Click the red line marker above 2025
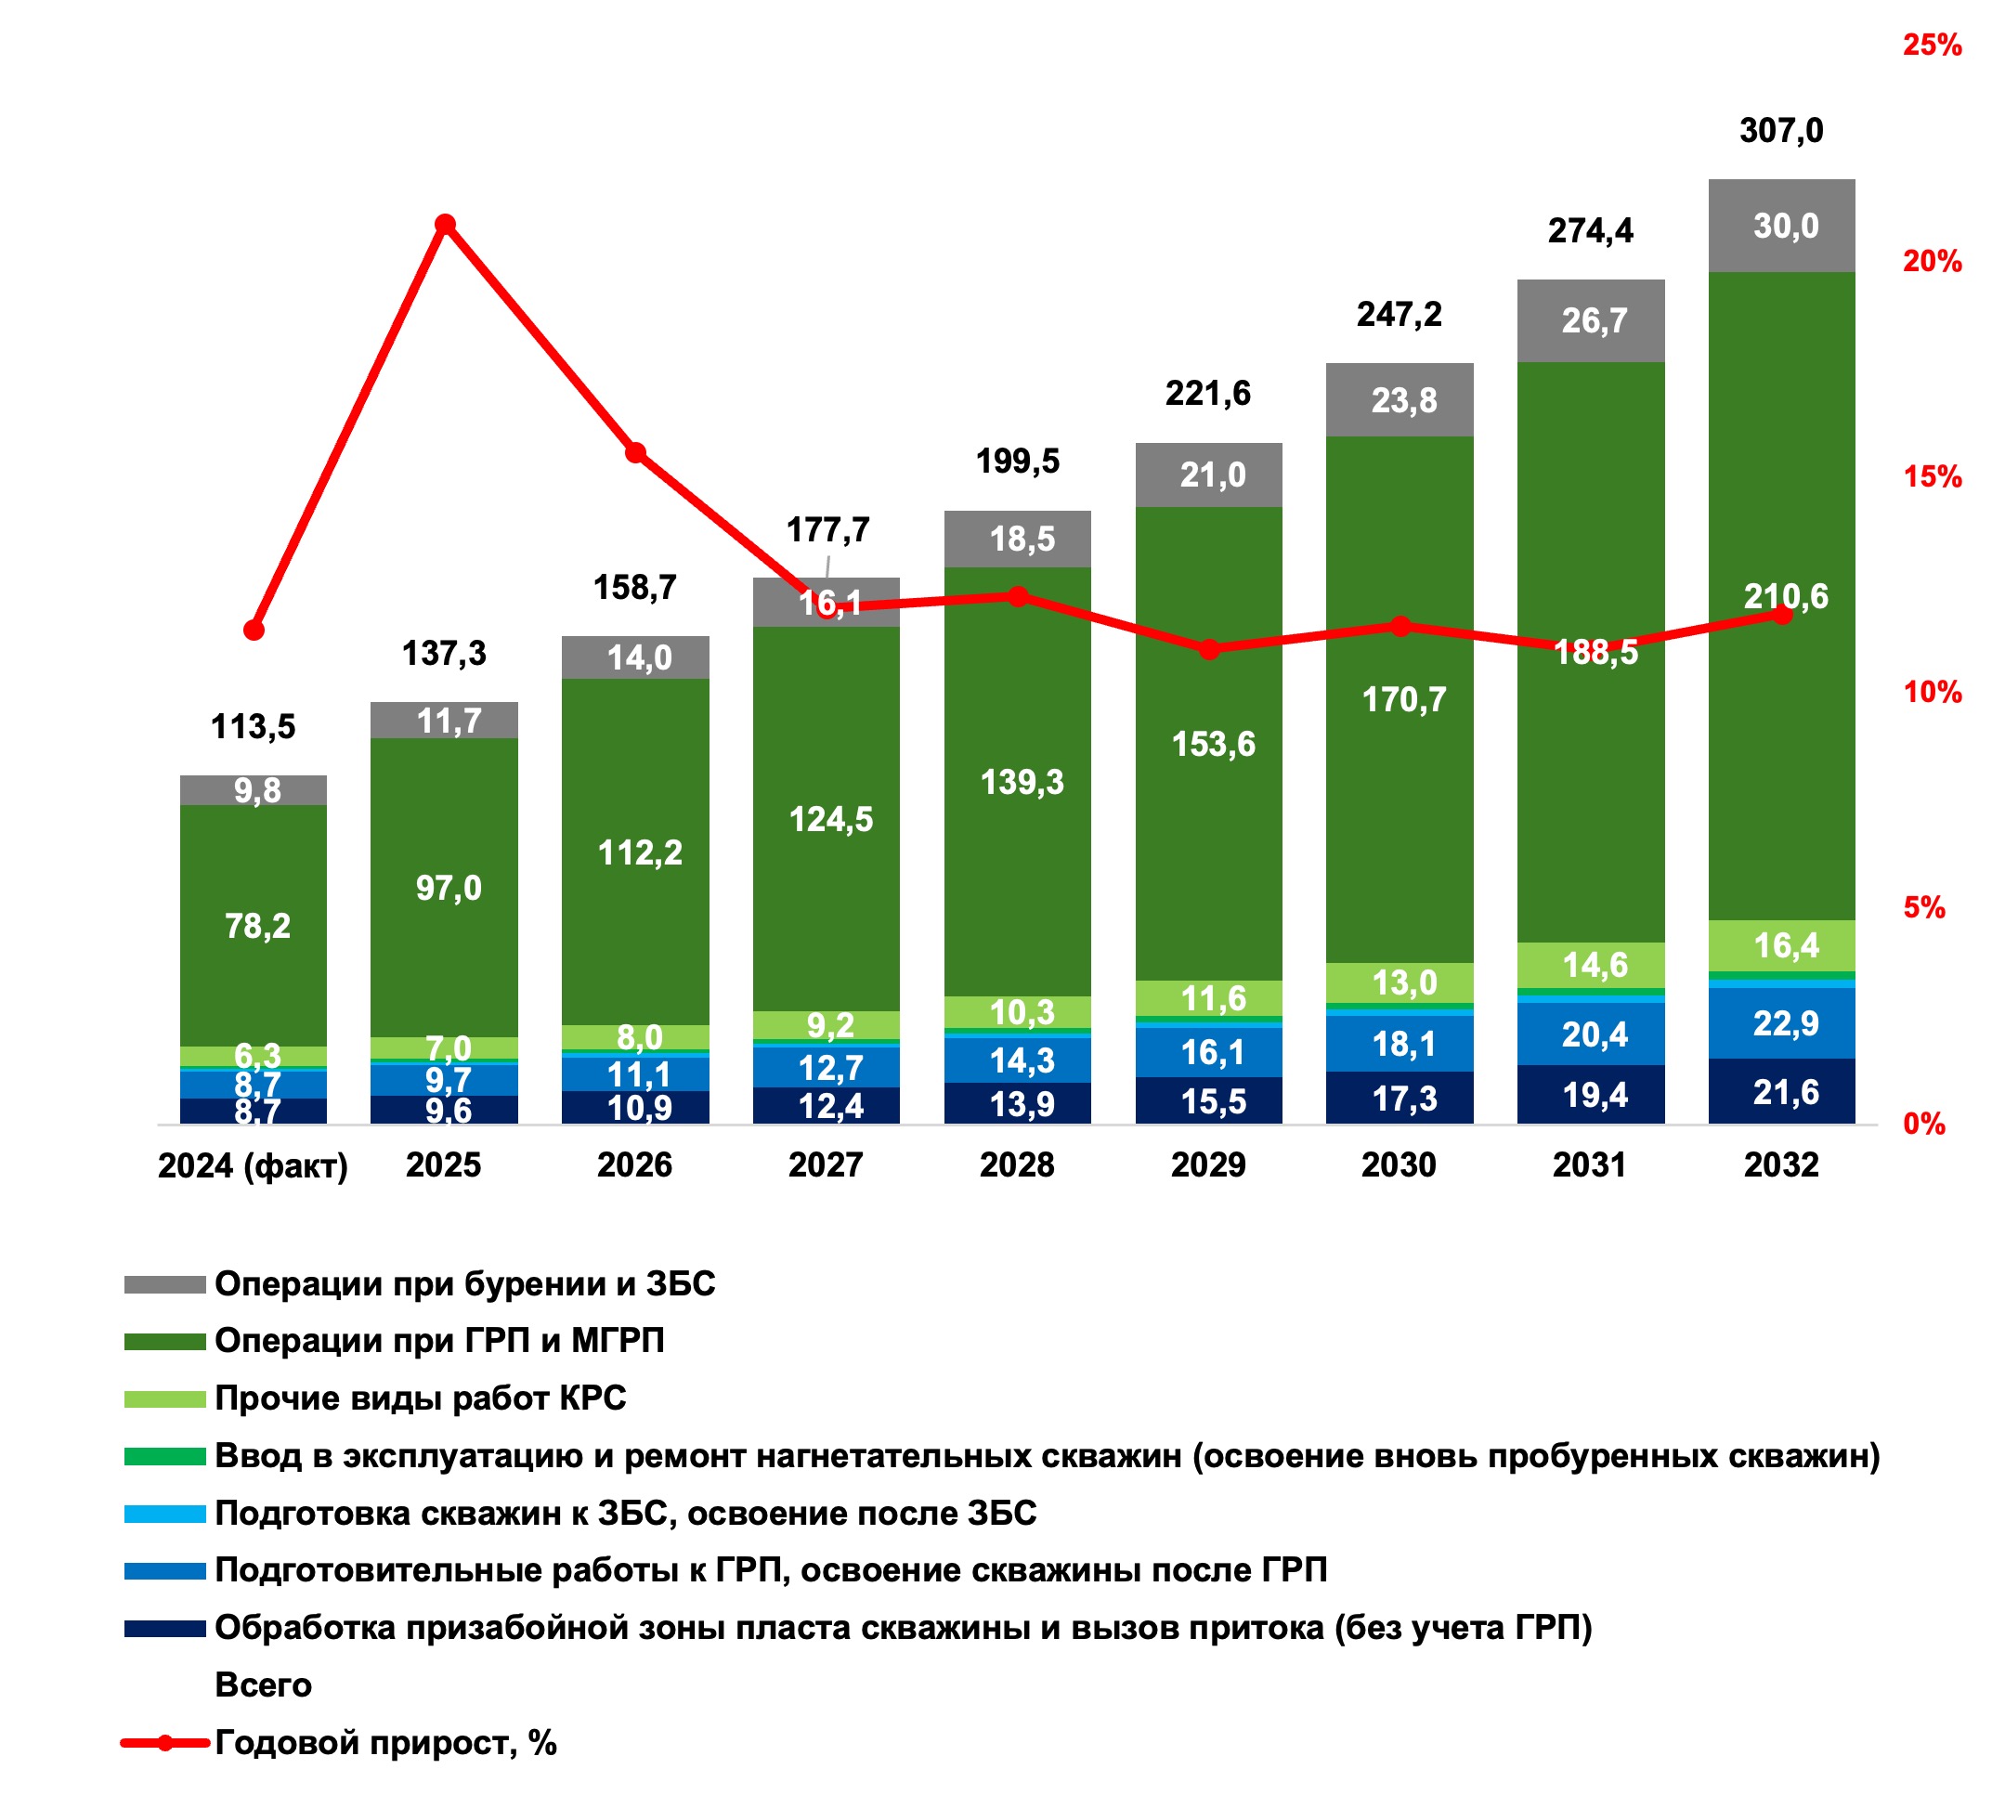(446, 226)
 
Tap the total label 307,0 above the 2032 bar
(1780, 130)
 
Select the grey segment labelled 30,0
(1781, 227)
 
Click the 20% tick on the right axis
(1932, 261)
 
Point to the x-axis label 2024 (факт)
(253, 1165)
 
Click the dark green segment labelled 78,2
(254, 926)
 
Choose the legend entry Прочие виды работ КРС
(420, 1398)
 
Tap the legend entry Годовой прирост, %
(385, 1742)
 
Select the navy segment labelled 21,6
(1781, 1092)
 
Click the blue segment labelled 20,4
(1591, 1034)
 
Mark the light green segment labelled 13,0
(1400, 982)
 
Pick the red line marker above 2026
(636, 453)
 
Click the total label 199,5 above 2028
(1018, 462)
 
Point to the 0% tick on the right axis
(1924, 1124)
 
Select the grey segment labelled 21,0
(1209, 475)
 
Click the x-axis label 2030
(1400, 1165)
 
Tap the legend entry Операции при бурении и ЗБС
(464, 1283)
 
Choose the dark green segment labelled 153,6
(1209, 744)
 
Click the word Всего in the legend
(263, 1684)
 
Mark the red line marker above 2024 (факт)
(254, 631)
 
